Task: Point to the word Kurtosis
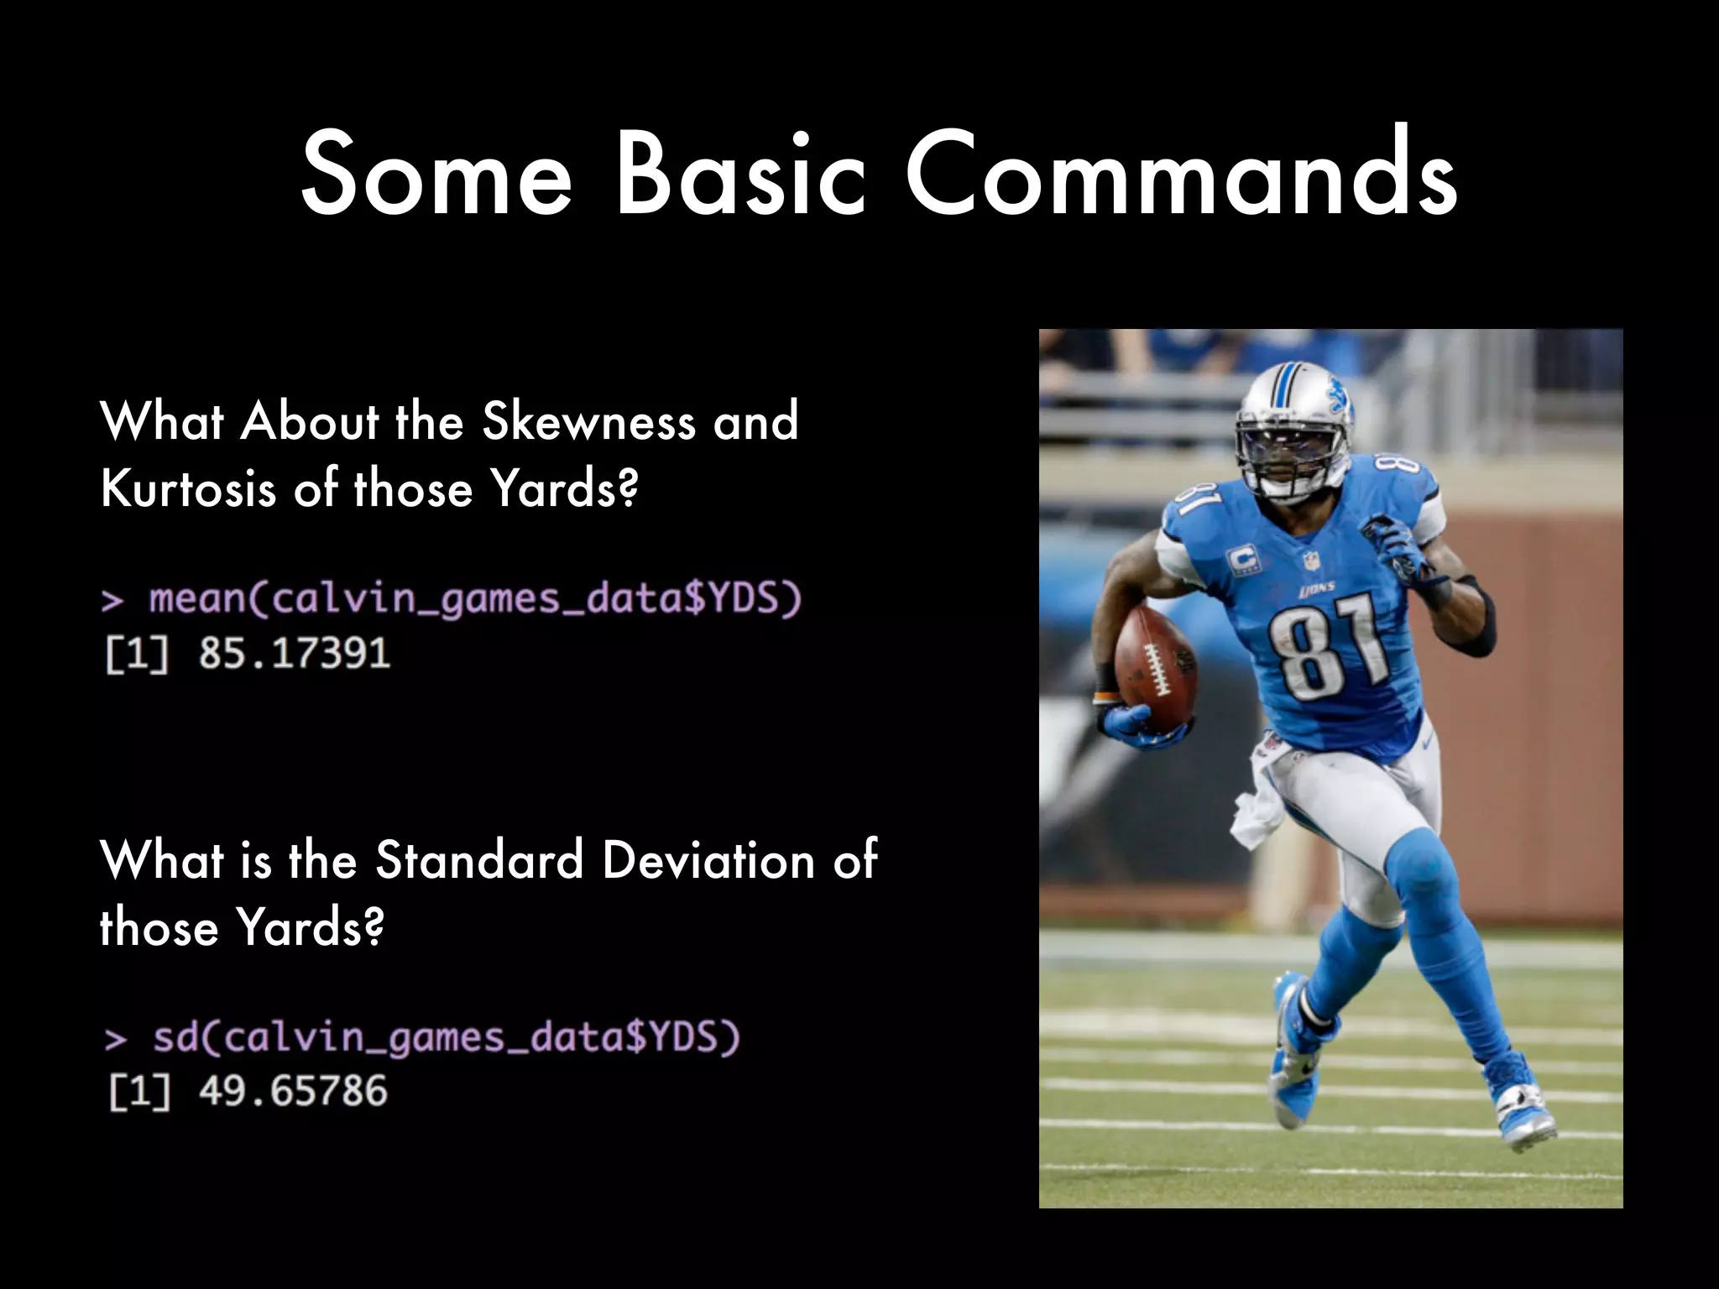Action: (x=188, y=488)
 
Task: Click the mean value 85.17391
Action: (x=295, y=653)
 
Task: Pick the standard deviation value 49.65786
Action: (x=293, y=1091)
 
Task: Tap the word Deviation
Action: (x=708, y=861)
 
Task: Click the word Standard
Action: (x=478, y=861)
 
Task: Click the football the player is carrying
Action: (x=1155, y=667)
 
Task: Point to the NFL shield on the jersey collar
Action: (x=1311, y=561)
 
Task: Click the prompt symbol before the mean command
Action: (x=112, y=601)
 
